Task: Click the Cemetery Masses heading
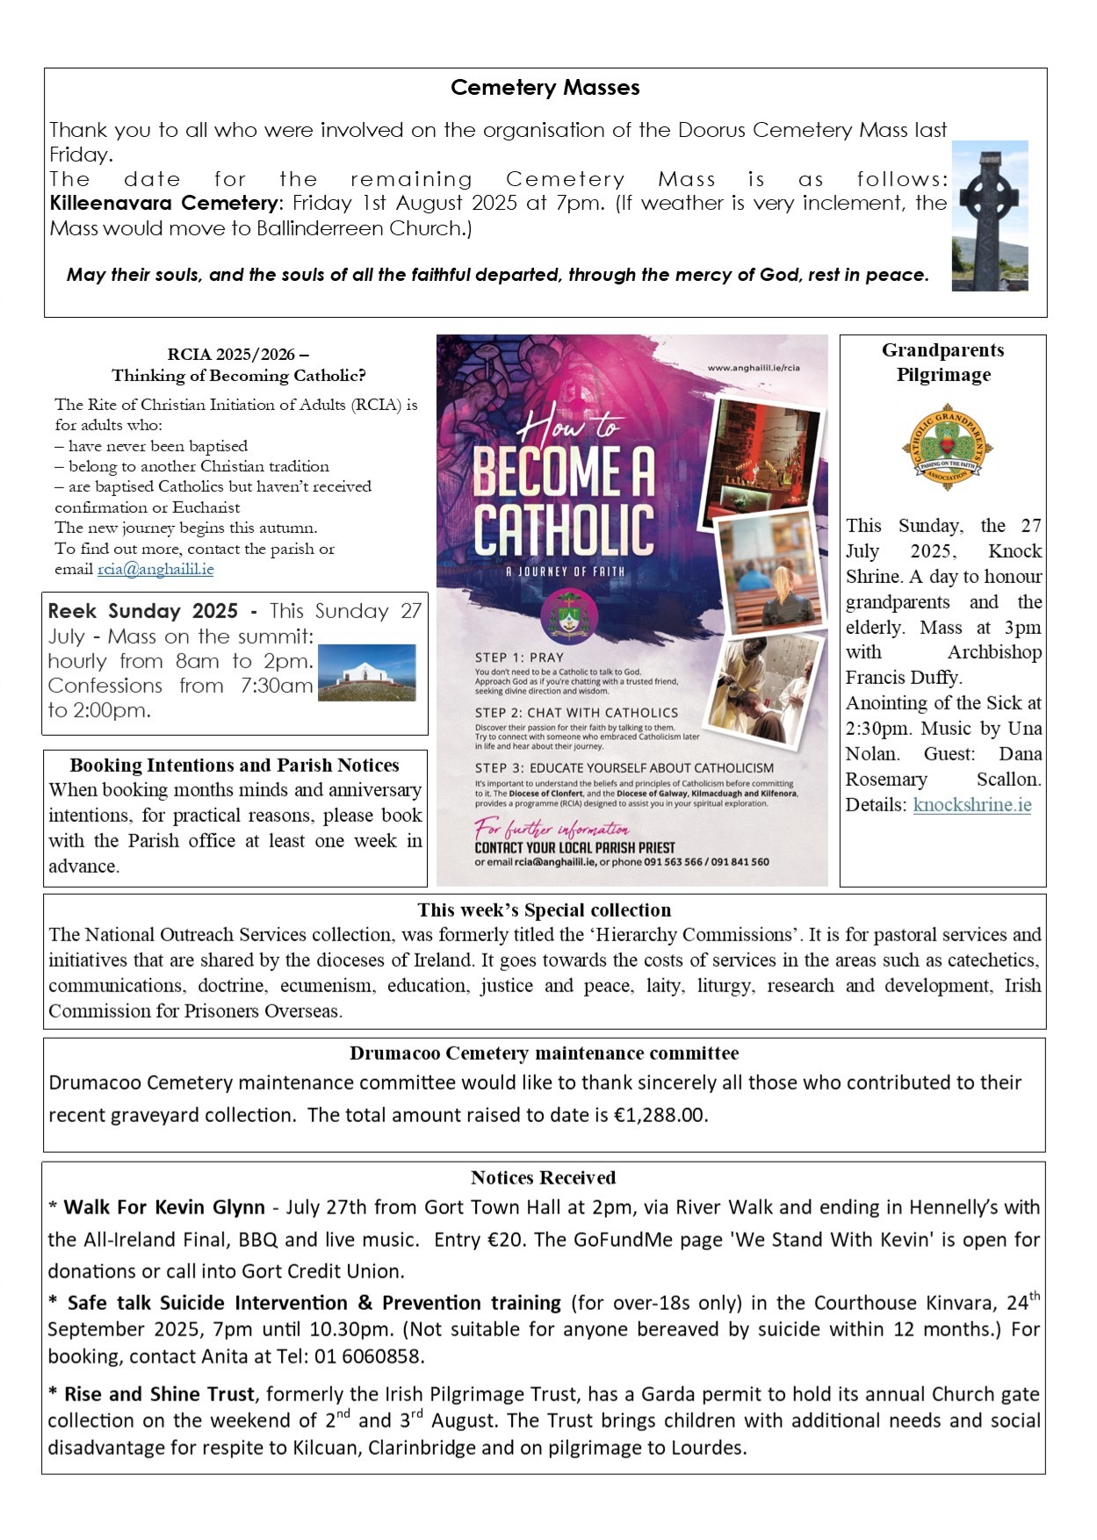tap(545, 88)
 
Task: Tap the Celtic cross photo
tap(990, 215)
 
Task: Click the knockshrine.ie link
tap(971, 805)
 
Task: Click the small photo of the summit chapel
tap(366, 673)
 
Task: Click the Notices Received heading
tap(543, 1177)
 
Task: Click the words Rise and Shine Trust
tap(159, 1394)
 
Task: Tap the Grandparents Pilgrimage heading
tap(942, 362)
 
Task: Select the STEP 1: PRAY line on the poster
tap(519, 658)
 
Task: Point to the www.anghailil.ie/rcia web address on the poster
tap(765, 368)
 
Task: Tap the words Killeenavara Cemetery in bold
tap(163, 204)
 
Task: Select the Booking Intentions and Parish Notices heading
tap(235, 765)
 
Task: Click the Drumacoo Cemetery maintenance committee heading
tap(544, 1053)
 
